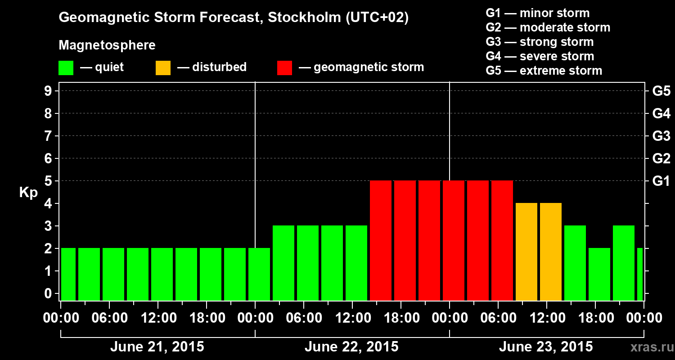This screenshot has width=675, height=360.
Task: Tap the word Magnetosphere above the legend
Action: [107, 45]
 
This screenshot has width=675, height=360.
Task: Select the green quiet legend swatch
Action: [66, 68]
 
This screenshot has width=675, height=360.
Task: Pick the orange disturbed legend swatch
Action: [163, 68]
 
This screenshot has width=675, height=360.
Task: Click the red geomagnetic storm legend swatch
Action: [284, 68]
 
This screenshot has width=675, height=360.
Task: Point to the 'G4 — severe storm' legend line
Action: [540, 56]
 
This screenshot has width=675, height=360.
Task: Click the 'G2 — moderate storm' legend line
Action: [548, 27]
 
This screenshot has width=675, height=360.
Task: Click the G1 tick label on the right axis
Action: [661, 181]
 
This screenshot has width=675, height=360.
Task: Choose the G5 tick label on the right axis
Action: [661, 91]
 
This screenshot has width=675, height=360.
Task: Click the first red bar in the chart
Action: [381, 240]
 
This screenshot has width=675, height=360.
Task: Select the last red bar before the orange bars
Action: [502, 240]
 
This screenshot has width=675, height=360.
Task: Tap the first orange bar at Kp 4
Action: [526, 252]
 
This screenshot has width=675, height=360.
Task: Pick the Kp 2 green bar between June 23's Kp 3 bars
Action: [599, 274]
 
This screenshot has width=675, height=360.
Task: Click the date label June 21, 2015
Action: [157, 347]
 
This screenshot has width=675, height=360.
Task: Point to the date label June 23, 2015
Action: [546, 347]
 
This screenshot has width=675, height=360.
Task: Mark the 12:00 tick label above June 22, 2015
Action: [352, 318]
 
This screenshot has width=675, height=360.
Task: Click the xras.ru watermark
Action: [649, 347]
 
